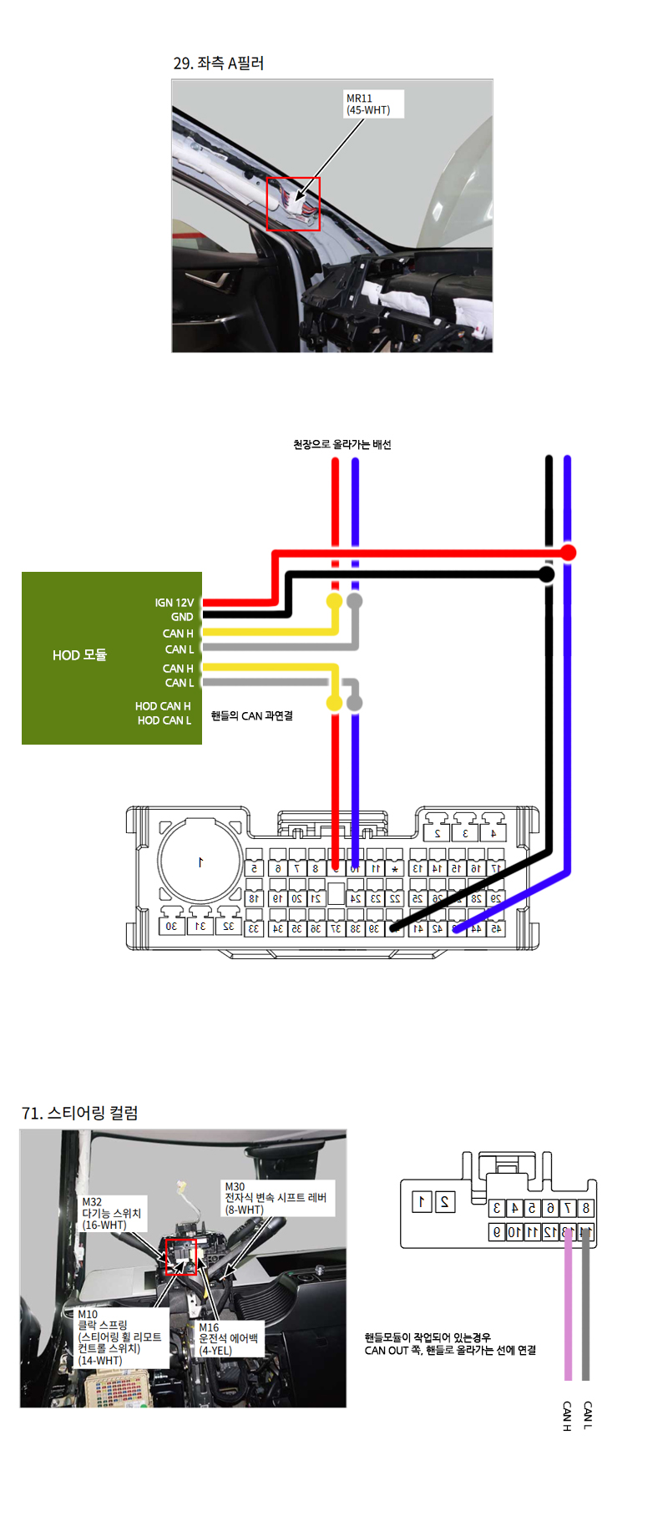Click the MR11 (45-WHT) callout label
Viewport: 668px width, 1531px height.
click(x=373, y=104)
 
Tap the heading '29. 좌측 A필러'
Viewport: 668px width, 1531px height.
click(x=218, y=63)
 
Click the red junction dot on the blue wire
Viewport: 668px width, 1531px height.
click(x=568, y=553)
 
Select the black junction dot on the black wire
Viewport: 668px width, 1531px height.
click(x=547, y=574)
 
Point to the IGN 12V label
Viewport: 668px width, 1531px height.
click(x=174, y=602)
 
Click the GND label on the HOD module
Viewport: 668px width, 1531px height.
click(x=182, y=617)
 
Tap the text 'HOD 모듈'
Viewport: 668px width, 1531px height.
click(x=79, y=655)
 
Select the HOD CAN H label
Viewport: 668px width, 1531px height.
click(x=163, y=706)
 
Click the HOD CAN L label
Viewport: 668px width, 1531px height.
click(x=164, y=720)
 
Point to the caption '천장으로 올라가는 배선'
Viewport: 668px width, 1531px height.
click(x=342, y=444)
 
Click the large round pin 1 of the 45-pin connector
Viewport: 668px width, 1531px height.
click(x=200, y=862)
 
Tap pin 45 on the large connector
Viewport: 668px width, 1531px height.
click(x=495, y=927)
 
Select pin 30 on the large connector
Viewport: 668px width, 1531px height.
click(x=171, y=926)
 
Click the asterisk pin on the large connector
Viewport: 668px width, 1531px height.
click(x=395, y=869)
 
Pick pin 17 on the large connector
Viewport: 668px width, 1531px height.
click(x=495, y=868)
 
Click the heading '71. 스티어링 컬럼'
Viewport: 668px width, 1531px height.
click(x=80, y=1113)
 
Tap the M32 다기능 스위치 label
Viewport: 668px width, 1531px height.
click(x=112, y=1214)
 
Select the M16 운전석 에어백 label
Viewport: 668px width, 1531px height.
click(x=228, y=1338)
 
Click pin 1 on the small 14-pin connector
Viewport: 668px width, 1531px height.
click(x=423, y=1202)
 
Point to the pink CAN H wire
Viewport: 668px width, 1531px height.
click(x=568, y=1311)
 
